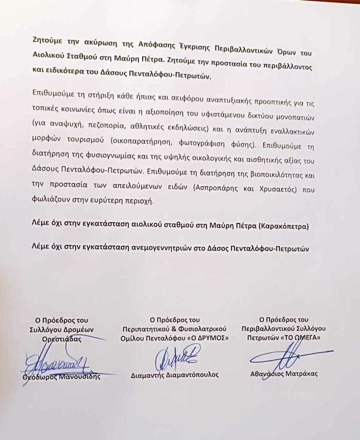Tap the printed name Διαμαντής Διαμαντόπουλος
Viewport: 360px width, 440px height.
tap(175, 375)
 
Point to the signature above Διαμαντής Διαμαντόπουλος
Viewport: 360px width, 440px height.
tap(176, 356)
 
